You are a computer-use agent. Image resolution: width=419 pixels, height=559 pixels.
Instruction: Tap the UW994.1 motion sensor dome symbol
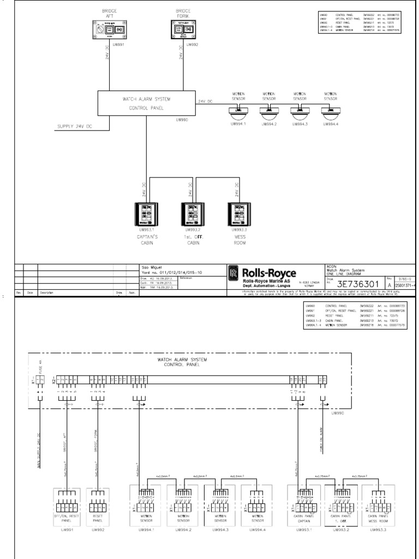238,113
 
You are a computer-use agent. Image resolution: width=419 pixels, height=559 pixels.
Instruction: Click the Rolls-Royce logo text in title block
270,273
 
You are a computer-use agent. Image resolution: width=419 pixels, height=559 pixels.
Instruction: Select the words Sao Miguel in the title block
148,267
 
